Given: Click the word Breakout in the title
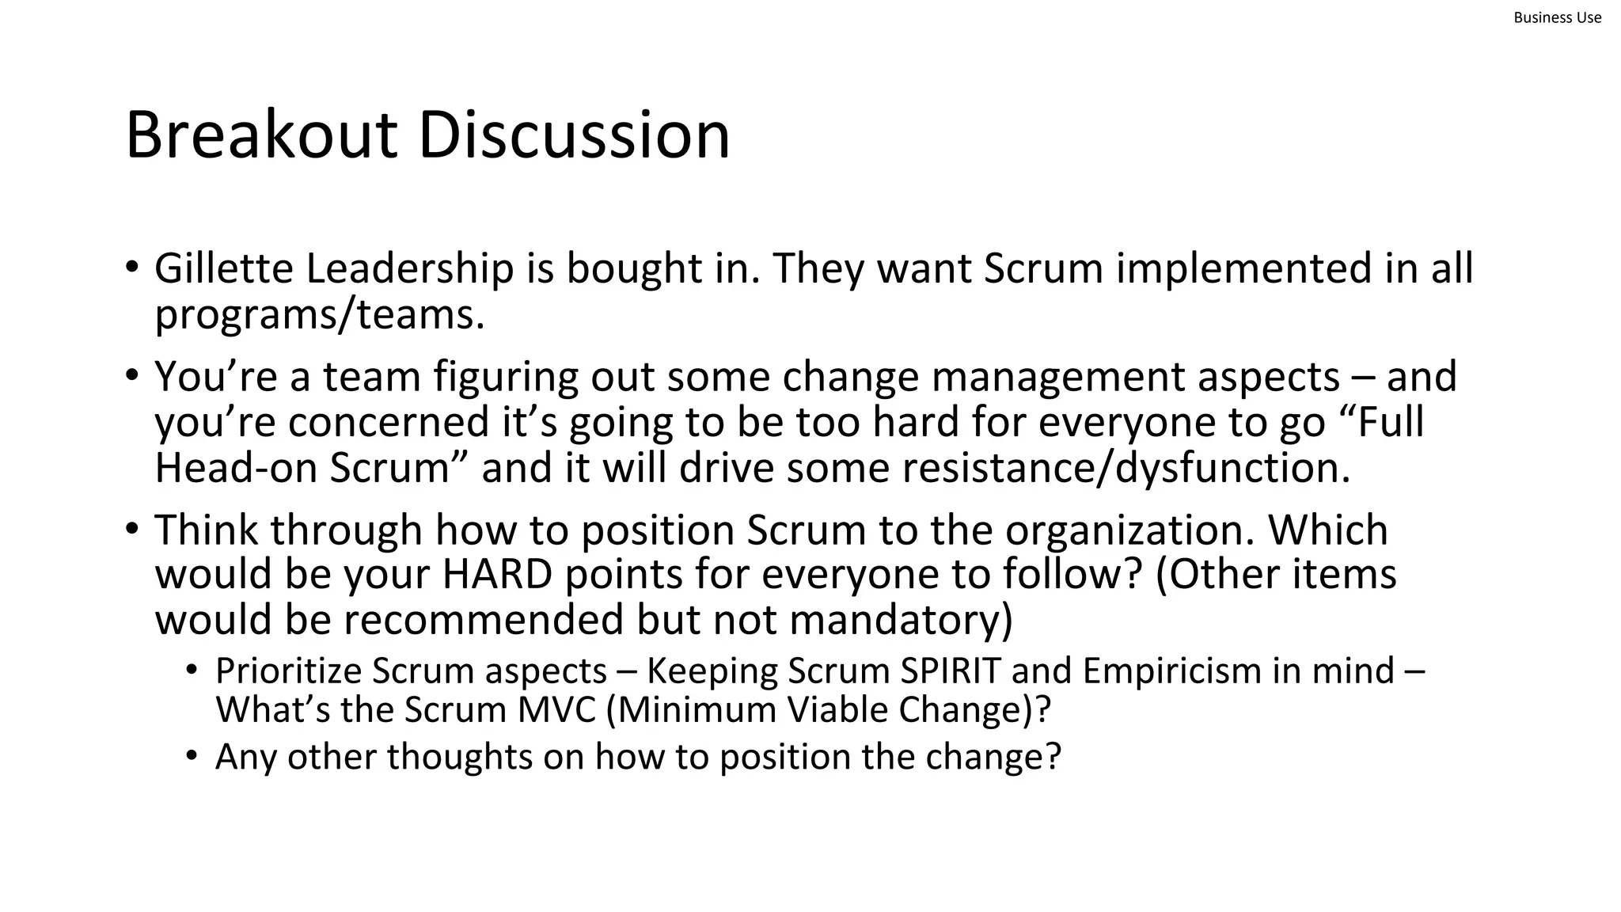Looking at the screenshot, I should point(261,135).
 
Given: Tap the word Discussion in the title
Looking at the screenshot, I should point(574,135).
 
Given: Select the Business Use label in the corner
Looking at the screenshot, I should point(1557,17).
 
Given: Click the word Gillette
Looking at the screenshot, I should point(224,268).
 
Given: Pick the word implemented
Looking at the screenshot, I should point(1244,268).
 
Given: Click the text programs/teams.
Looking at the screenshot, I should point(319,314).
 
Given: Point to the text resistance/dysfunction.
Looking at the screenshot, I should point(1069,467).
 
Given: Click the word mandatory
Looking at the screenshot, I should point(900,619).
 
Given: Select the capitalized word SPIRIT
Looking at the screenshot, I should point(950,671).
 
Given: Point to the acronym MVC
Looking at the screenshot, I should point(556,709).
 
